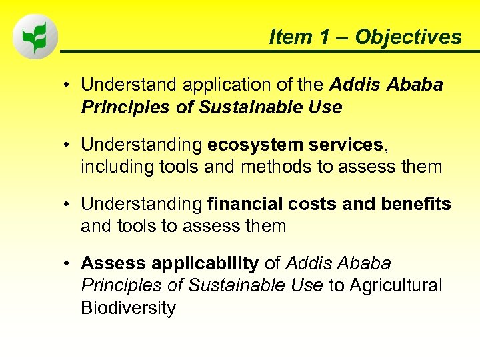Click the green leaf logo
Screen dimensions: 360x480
coord(35,37)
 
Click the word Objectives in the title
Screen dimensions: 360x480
coord(408,37)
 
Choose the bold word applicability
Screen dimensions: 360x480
coord(206,263)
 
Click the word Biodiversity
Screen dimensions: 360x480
coord(128,308)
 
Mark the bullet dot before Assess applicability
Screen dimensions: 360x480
coord(68,264)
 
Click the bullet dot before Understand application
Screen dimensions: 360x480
coord(68,86)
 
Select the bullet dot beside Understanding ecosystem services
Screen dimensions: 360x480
coord(68,145)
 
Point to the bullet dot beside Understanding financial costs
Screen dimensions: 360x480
coord(68,205)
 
